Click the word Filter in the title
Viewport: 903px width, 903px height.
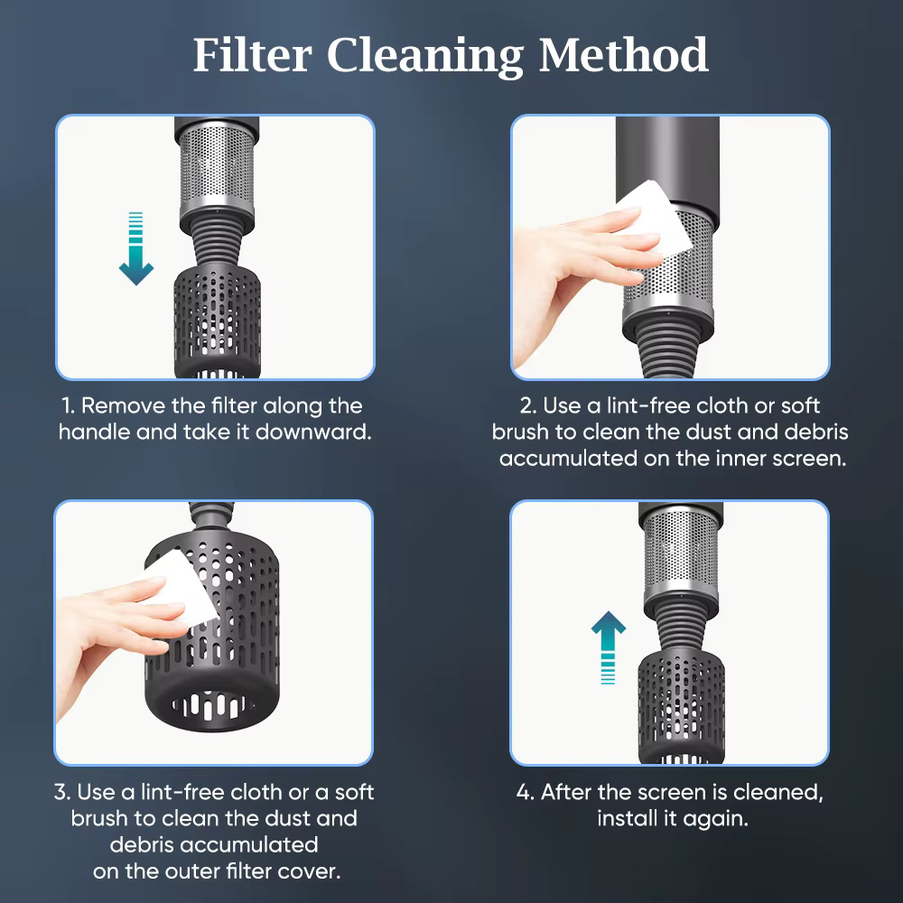252,55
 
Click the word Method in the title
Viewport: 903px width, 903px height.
624,55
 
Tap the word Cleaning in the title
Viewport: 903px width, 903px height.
425,56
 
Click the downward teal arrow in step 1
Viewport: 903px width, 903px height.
136,248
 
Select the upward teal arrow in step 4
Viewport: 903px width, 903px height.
608,647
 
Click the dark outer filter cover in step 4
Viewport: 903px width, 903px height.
681,707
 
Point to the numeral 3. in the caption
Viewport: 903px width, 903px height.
62,792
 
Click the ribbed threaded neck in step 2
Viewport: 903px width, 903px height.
669,351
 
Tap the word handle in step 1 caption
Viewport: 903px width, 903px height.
95,432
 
